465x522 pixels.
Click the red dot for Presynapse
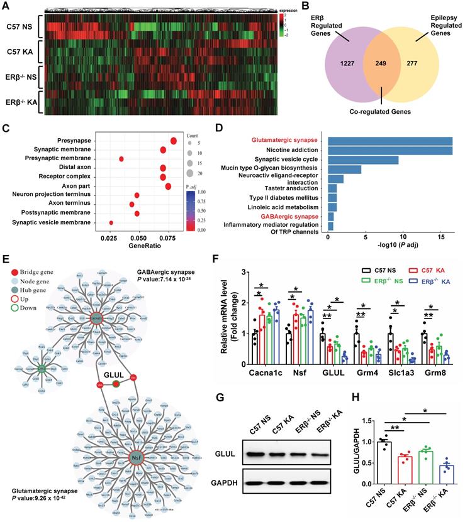click(x=174, y=141)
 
